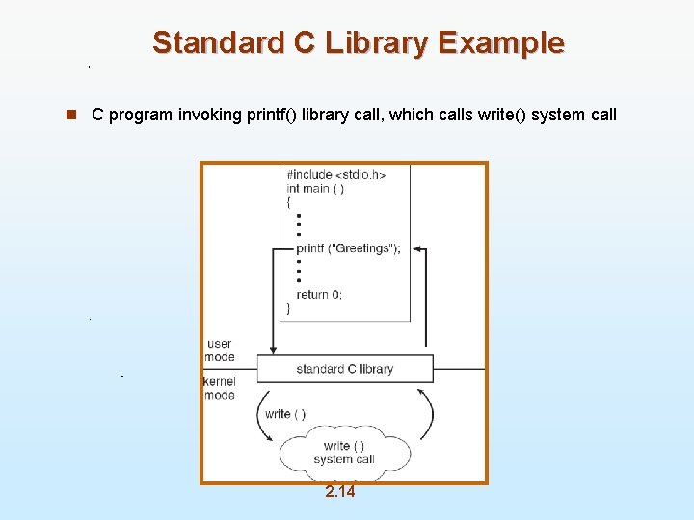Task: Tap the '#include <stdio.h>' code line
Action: click(x=336, y=175)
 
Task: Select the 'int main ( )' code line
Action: click(x=316, y=189)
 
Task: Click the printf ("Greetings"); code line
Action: click(x=348, y=248)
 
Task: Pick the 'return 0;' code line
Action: click(x=319, y=295)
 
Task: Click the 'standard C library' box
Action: click(x=345, y=369)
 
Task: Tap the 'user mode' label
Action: click(x=220, y=350)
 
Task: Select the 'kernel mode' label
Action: click(x=219, y=388)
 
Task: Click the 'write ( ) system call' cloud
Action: click(x=344, y=453)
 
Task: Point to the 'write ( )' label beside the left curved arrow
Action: click(x=285, y=414)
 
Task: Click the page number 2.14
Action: click(x=339, y=492)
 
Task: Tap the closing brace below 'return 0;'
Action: click(x=289, y=308)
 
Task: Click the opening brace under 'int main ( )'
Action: click(x=289, y=202)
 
